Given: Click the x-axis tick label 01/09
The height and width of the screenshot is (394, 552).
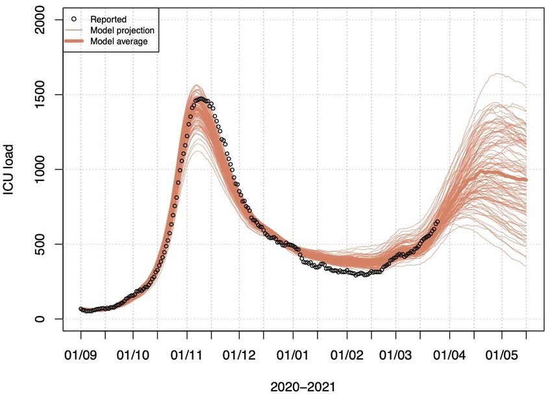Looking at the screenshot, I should (81, 356).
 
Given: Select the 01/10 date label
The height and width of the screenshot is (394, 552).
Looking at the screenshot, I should (133, 356).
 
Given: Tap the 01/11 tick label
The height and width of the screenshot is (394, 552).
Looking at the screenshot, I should (187, 356).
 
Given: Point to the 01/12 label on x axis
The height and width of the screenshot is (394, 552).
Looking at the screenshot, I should (240, 356).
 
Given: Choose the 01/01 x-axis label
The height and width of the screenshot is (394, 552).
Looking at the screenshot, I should (294, 356).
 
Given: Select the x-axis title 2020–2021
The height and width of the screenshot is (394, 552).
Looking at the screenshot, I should (303, 386).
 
